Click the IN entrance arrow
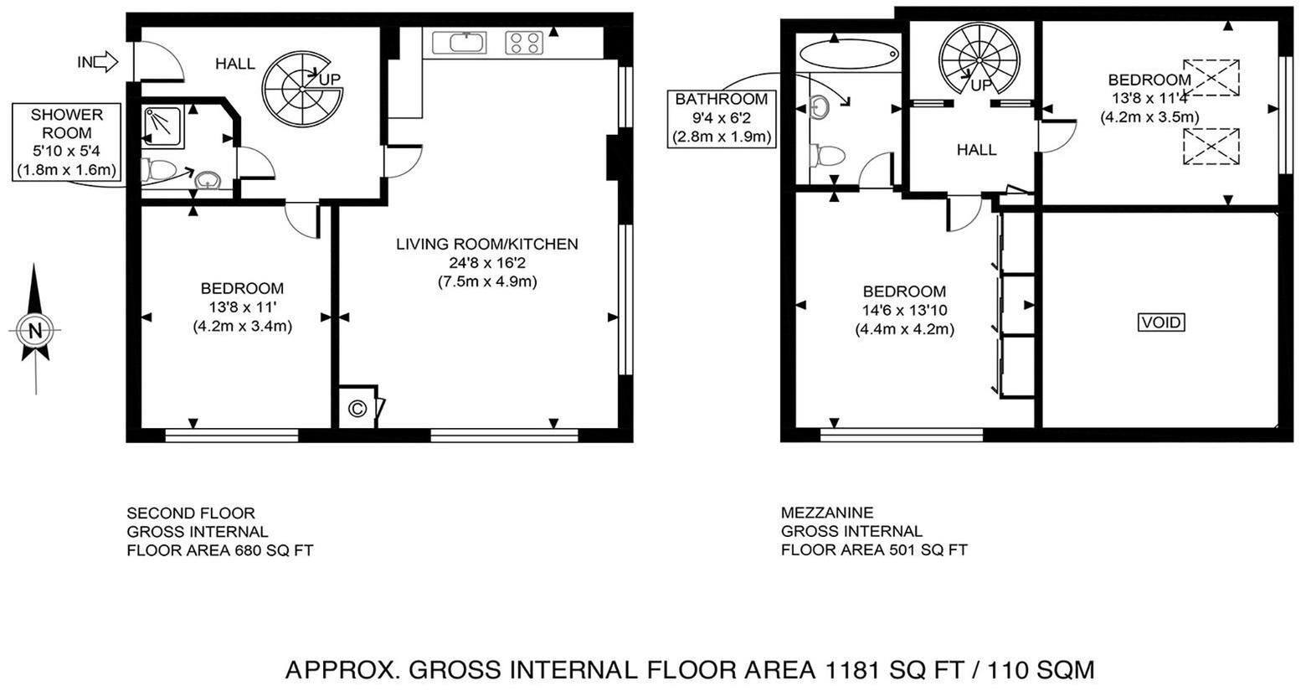(x=105, y=61)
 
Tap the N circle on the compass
(x=35, y=331)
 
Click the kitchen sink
(x=460, y=43)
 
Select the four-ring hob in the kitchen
(x=523, y=43)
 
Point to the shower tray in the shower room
(x=163, y=125)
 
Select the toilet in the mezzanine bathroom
(x=828, y=156)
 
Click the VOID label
(x=1161, y=322)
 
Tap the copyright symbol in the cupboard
(x=357, y=408)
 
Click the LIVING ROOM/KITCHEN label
(x=487, y=245)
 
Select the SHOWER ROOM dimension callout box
(x=67, y=142)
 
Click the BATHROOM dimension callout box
(x=721, y=118)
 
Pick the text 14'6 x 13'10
(x=905, y=311)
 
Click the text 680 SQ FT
(x=274, y=550)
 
